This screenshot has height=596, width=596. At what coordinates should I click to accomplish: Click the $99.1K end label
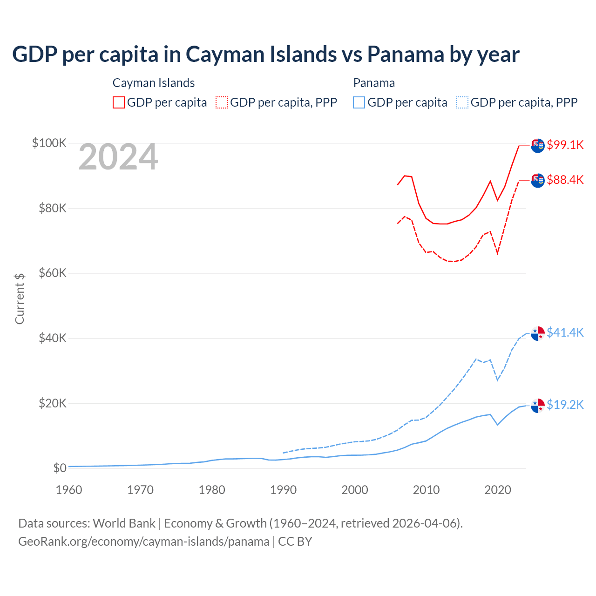(565, 145)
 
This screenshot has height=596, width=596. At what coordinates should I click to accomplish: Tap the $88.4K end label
(565, 180)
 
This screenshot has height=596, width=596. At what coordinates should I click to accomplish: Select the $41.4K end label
(565, 332)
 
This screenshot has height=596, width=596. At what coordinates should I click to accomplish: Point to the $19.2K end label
(565, 405)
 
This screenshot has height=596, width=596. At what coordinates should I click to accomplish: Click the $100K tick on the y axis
(49, 143)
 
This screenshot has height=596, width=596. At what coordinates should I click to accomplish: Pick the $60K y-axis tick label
(53, 273)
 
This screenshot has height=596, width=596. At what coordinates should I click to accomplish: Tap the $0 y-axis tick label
(60, 468)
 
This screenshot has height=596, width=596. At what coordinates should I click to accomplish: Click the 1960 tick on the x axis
(69, 490)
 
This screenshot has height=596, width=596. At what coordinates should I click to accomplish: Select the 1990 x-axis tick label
(284, 490)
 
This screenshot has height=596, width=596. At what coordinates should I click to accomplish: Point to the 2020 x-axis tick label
(498, 490)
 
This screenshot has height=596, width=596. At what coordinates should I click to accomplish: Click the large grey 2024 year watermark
(118, 157)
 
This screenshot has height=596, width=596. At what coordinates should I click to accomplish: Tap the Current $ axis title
(20, 299)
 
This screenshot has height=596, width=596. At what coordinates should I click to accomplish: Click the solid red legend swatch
(119, 102)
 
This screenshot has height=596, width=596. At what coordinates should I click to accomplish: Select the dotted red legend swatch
(222, 102)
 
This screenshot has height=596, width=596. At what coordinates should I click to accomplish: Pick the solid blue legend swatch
(359, 102)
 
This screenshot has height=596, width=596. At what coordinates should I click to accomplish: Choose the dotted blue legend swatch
(462, 102)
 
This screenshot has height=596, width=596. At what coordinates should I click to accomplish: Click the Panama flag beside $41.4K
(538, 333)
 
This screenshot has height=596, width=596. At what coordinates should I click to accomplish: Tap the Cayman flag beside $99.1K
(538, 145)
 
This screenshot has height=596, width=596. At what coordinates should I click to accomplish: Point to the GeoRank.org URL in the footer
(144, 542)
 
